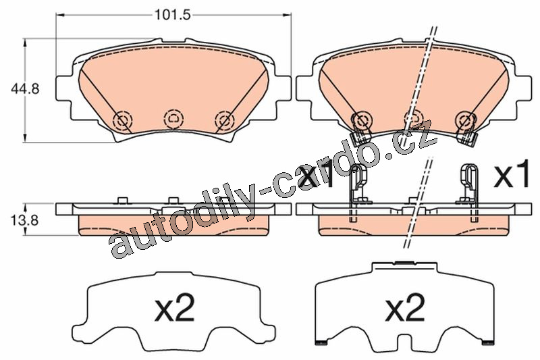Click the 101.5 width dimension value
pos(172,15)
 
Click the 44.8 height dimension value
pos(25,89)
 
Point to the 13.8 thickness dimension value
pos(24,220)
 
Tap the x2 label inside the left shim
pos(175,307)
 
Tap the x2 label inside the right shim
pos(404,307)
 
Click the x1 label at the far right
pos(512,176)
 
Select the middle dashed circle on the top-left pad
pos(173,119)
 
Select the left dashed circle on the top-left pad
pos(122,121)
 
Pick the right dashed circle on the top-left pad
pos(224,120)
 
